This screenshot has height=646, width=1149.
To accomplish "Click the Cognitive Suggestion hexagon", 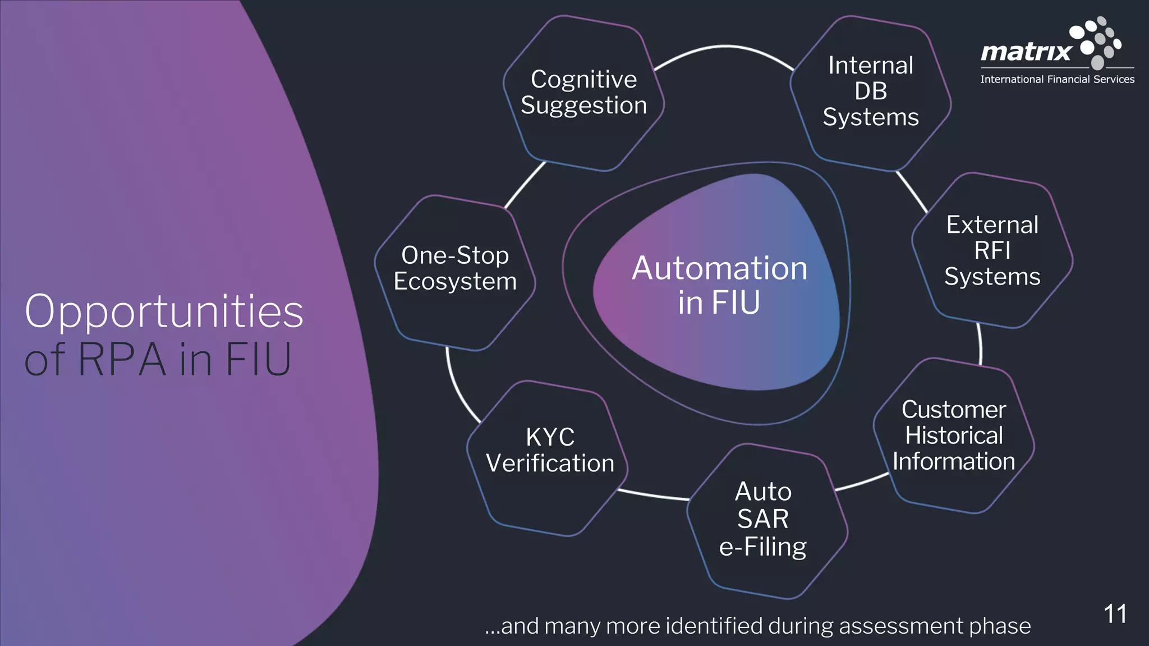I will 583,93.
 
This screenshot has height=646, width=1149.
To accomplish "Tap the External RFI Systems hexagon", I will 992,250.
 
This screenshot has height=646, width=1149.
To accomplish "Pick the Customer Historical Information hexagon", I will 954,436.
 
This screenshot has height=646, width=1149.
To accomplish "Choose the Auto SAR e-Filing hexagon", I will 763,520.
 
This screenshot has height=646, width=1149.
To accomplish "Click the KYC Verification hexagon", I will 550,451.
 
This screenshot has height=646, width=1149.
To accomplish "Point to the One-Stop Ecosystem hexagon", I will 454,269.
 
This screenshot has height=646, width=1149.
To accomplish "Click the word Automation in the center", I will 719,268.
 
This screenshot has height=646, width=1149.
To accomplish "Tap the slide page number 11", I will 1115,614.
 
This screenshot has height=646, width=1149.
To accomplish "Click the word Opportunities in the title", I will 164,311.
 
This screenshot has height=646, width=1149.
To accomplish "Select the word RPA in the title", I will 122,360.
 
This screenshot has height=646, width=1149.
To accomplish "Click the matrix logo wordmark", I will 1026,52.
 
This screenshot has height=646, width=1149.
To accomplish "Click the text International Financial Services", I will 1057,80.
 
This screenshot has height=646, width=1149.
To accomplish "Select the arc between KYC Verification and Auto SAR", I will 654,495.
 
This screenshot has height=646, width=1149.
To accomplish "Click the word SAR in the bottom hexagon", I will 762,519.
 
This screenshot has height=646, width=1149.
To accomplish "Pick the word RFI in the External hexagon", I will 992,250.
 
